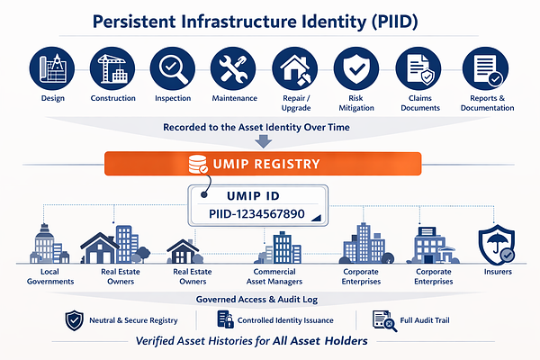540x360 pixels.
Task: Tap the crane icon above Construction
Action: [112, 67]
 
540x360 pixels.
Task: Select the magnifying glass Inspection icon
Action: [172, 67]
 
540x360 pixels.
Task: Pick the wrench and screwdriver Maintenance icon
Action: [232, 67]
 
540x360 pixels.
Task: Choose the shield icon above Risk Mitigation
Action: [354, 67]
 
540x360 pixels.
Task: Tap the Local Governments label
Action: [43, 276]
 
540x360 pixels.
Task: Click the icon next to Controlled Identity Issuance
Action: [225, 319]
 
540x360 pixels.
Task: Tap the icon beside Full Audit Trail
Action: [382, 319]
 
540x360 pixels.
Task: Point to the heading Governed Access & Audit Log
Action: [269, 299]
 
